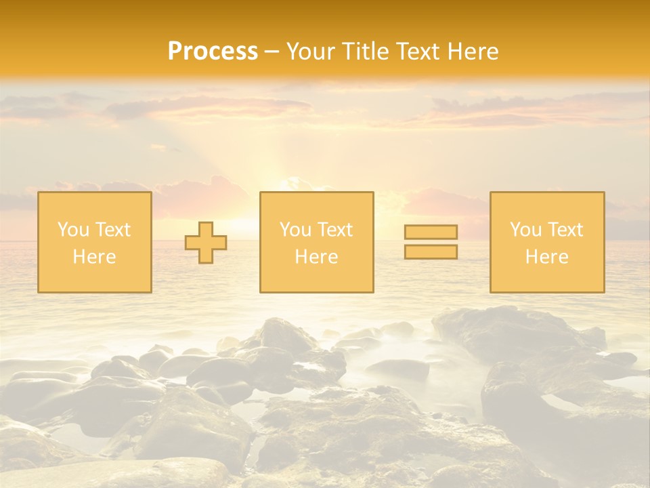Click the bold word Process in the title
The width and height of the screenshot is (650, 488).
[x=213, y=52]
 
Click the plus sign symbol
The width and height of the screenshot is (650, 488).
[x=206, y=243]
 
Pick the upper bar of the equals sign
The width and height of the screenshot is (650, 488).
[x=431, y=232]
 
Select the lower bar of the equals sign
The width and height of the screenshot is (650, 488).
[x=431, y=251]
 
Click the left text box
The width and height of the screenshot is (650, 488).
[x=95, y=242]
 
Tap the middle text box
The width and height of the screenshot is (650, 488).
[x=316, y=242]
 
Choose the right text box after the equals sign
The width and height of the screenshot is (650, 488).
[x=547, y=242]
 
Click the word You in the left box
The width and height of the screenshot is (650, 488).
[x=72, y=230]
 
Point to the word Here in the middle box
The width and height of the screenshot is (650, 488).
[x=316, y=257]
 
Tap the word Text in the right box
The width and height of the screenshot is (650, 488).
[x=565, y=230]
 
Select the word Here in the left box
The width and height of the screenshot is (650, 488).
[x=94, y=257]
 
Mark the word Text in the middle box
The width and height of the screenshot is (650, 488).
[x=334, y=230]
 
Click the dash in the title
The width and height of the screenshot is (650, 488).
[x=272, y=52]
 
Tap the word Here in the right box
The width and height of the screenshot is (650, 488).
[x=546, y=257]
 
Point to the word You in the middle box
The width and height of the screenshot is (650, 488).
[x=294, y=230]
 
